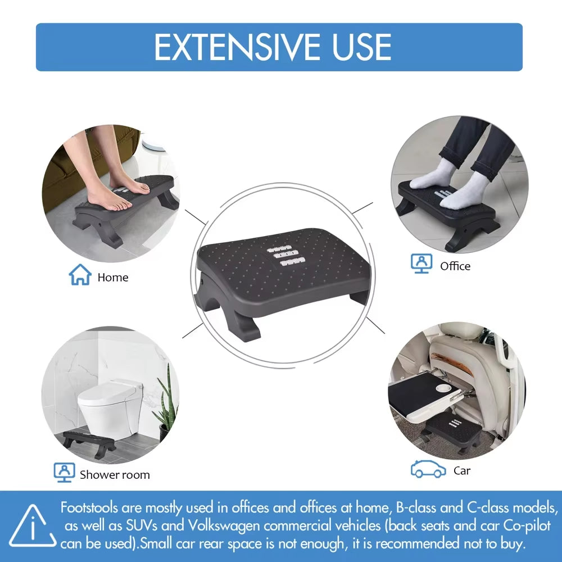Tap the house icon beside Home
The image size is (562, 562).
click(x=80, y=275)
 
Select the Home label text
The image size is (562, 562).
click(x=112, y=277)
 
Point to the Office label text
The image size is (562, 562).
click(x=455, y=266)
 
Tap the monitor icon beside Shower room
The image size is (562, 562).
click(x=64, y=472)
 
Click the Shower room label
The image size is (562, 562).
click(x=115, y=474)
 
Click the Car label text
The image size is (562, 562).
click(x=462, y=470)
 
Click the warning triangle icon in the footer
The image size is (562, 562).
click(x=33, y=527)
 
